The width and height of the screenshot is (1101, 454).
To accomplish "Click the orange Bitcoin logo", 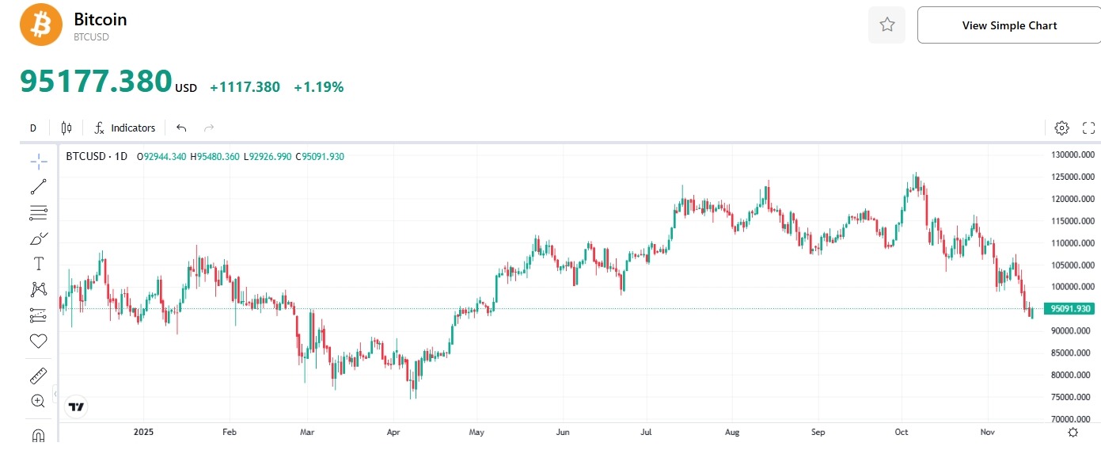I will pyautogui.click(x=40, y=25).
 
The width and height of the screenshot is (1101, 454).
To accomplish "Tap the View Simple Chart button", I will pyautogui.click(x=1009, y=25).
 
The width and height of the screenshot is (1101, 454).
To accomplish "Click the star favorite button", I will pyautogui.click(x=886, y=25).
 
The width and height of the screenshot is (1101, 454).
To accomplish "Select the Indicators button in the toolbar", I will pyautogui.click(x=125, y=128).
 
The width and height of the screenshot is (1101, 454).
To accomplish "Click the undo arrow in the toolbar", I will pyautogui.click(x=181, y=128).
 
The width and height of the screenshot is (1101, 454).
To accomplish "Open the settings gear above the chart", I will pyautogui.click(x=1061, y=128).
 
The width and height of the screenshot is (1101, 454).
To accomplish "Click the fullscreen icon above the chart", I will pyautogui.click(x=1088, y=128).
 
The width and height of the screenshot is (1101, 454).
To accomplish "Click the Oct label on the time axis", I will pyautogui.click(x=902, y=433).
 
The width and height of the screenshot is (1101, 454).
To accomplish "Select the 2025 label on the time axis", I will pyautogui.click(x=143, y=433).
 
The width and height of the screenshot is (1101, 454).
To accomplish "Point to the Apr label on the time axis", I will pyautogui.click(x=393, y=433).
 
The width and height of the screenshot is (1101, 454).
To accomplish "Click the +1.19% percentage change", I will pyautogui.click(x=318, y=87).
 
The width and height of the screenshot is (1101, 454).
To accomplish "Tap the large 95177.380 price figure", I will pyautogui.click(x=96, y=81).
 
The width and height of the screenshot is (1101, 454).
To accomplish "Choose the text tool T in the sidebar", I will pyautogui.click(x=38, y=264).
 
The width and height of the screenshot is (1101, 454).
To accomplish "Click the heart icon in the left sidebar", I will pyautogui.click(x=38, y=341).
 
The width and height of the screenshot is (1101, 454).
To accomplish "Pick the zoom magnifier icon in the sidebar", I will pyautogui.click(x=38, y=401).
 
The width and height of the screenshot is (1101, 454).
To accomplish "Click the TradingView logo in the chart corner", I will pyautogui.click(x=76, y=407).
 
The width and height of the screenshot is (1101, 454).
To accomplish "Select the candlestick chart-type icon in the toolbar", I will pyautogui.click(x=66, y=128).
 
